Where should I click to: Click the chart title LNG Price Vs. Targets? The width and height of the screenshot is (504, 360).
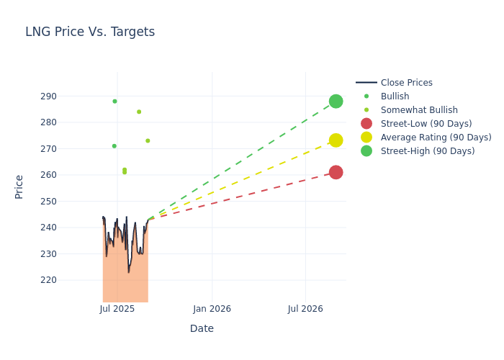point(90,32)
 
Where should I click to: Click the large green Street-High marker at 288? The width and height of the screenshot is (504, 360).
point(336,102)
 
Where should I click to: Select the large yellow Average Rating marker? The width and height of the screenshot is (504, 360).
point(336,140)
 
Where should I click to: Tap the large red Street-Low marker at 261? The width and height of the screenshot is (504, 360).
point(336,172)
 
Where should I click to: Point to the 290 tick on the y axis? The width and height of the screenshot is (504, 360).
point(68,96)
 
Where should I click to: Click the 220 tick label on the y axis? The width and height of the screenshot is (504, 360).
point(68,280)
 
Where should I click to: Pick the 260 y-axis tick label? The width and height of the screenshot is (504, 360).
point(68,175)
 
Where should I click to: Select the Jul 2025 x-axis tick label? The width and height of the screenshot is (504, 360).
point(117,310)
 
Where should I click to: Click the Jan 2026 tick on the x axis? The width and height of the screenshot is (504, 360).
point(212,310)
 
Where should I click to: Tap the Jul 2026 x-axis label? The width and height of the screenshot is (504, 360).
point(305,310)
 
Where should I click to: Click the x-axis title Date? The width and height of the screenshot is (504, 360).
point(202,329)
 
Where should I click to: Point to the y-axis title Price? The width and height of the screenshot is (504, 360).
point(19,186)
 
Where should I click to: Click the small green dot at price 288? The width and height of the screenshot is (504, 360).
point(114,102)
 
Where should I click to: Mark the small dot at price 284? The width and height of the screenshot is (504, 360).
point(139,112)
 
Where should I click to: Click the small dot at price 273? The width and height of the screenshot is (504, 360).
point(148,141)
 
